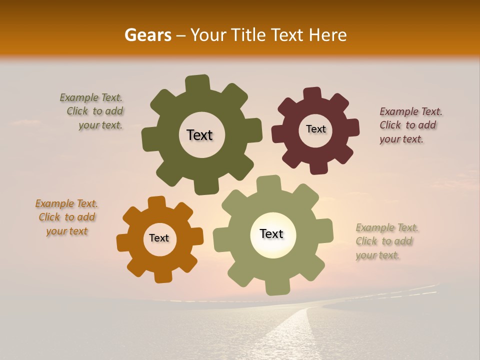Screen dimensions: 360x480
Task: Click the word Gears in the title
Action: [x=147, y=35]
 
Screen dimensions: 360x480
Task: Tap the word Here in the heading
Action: [x=328, y=35]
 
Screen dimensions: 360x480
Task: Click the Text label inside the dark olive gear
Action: [x=199, y=135]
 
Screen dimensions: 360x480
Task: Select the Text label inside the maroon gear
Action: [x=315, y=129]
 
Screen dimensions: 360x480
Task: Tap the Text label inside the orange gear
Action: [x=159, y=238]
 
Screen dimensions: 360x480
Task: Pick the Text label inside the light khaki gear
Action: [x=271, y=233]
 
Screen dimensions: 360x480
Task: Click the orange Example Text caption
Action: [x=66, y=217]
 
